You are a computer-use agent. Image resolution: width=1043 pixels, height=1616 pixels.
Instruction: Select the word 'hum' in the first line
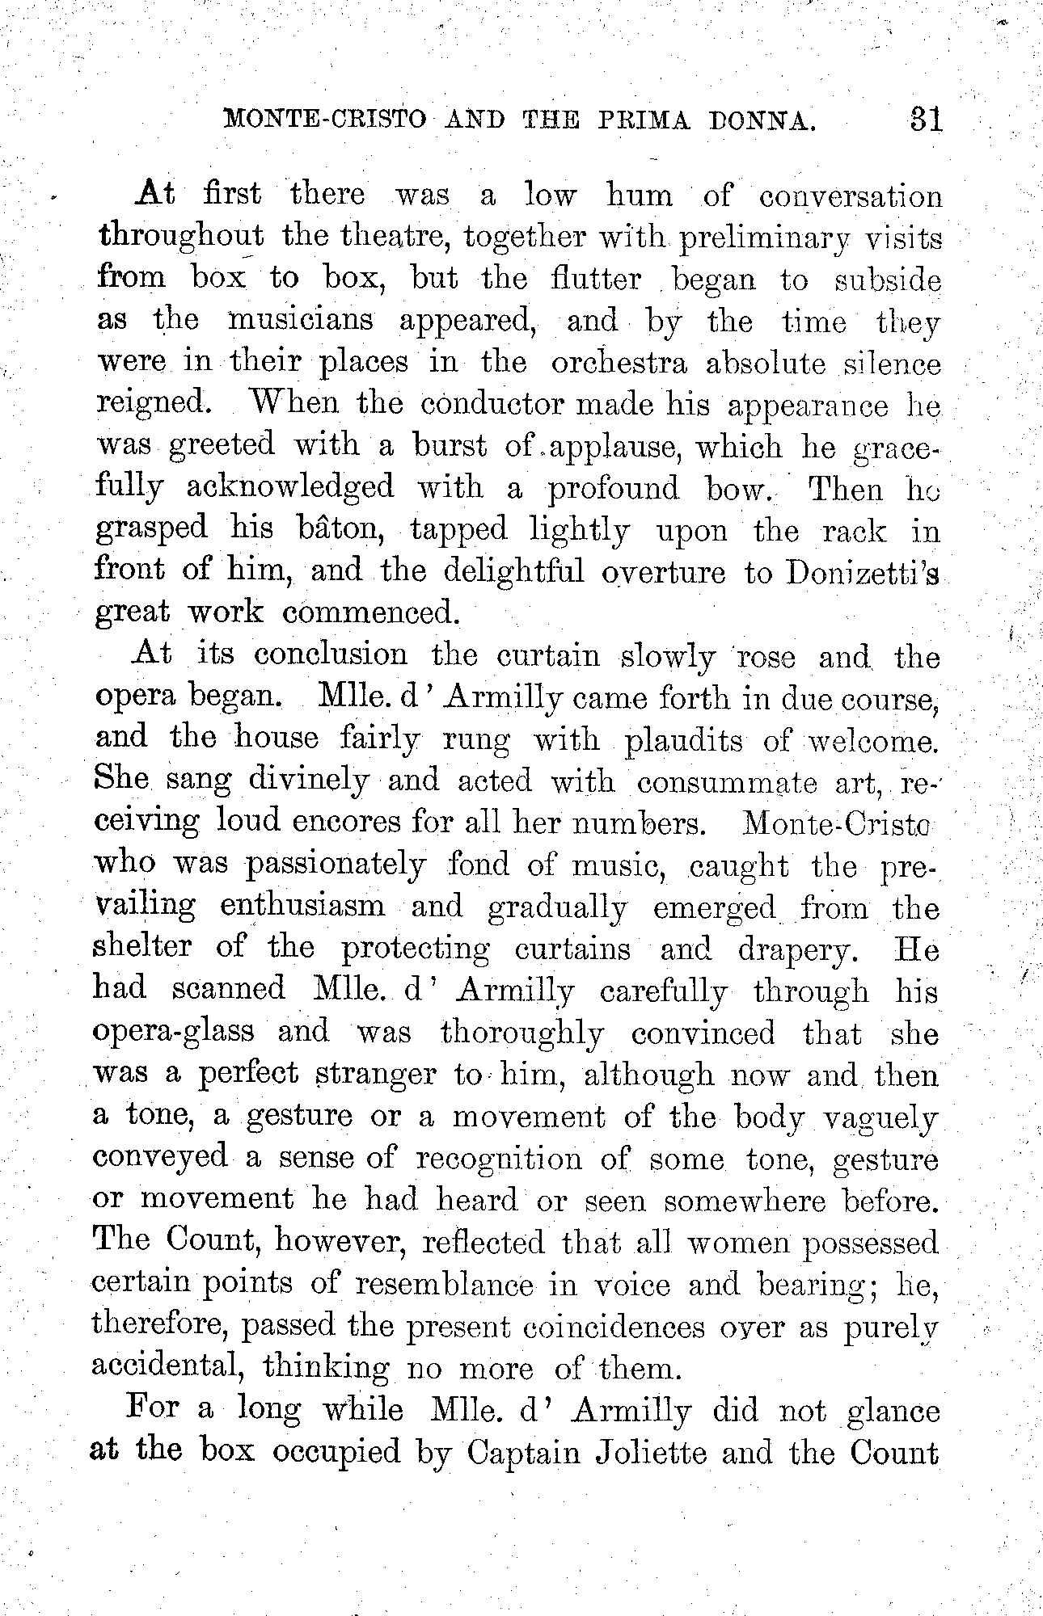[x=639, y=196]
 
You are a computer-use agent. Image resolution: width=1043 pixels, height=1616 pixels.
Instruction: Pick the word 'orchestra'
[x=619, y=363]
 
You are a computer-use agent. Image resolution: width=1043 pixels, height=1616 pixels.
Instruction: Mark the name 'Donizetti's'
[x=862, y=573]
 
